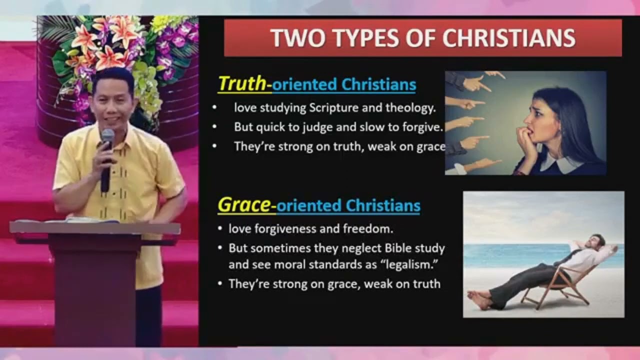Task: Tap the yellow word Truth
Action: coord(242,83)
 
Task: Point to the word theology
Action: coord(410,107)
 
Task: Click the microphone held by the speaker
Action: coord(106,145)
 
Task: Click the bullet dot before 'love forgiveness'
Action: coord(220,229)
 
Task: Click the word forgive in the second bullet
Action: coord(424,127)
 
